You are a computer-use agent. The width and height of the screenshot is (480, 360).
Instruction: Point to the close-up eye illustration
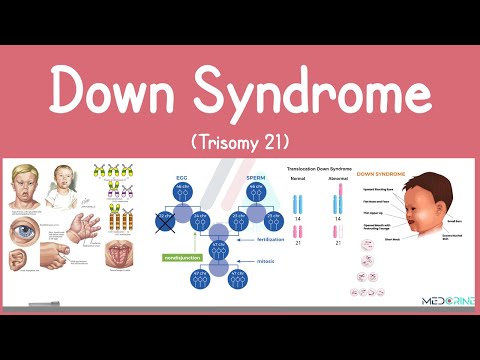24,230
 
